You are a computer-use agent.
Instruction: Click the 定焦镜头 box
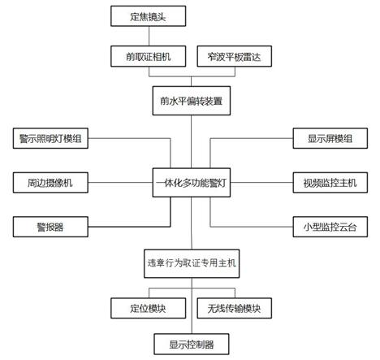coord(147,15)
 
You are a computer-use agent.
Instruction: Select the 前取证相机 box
coord(147,56)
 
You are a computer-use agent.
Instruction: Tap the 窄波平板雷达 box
coord(234,56)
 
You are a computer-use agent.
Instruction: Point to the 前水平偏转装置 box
coord(191,102)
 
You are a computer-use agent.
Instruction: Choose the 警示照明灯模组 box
coord(50,139)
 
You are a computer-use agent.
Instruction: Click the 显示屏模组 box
coord(330,139)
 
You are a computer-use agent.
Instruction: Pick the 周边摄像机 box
coord(50,182)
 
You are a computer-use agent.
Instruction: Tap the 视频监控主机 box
coord(330,182)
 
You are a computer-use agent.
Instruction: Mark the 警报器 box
coord(50,226)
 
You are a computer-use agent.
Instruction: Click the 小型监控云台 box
coord(330,226)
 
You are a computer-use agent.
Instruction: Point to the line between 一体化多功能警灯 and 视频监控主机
coord(260,182)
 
